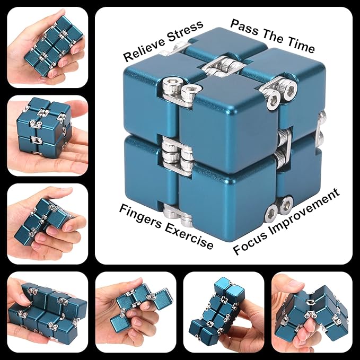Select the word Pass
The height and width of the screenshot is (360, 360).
[x=244, y=27]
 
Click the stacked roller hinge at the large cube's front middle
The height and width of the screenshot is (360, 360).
[x=175, y=154]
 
